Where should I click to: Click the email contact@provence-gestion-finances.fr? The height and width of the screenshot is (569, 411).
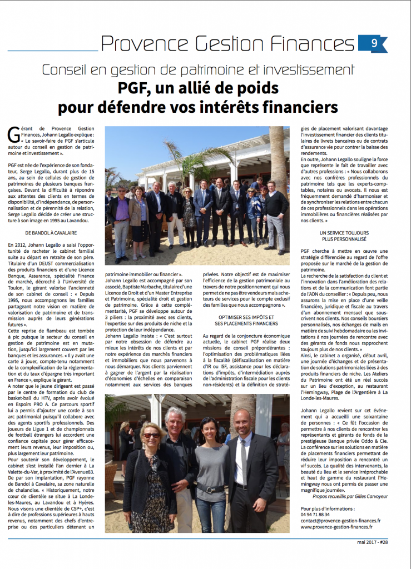pyautogui.click(x=340, y=521)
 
